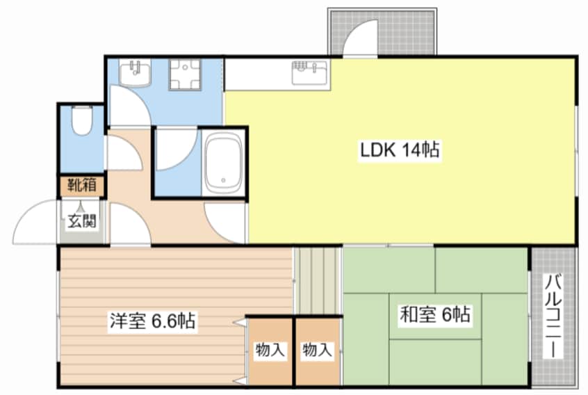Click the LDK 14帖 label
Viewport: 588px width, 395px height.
point(400,150)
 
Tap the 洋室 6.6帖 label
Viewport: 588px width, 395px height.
point(152,321)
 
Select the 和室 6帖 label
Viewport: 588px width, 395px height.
point(434,315)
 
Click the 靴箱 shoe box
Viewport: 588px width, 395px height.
point(82,186)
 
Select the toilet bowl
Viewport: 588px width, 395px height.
point(81,122)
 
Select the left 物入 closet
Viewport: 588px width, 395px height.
point(270,350)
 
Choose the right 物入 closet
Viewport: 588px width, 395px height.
point(317,350)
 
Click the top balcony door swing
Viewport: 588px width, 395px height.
point(361,38)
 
